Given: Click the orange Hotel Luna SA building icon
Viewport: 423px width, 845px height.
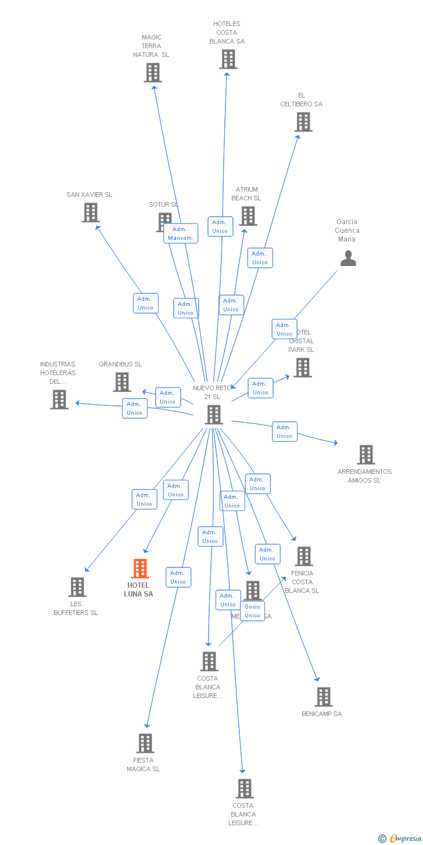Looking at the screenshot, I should [140, 569].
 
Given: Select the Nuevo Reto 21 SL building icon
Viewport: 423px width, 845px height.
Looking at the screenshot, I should [214, 415].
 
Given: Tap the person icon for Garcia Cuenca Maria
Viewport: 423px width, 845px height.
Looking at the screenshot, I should [348, 258].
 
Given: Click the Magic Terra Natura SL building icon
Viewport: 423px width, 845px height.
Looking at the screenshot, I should [153, 73].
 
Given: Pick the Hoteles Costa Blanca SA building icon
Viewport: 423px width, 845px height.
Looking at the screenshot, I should [228, 59].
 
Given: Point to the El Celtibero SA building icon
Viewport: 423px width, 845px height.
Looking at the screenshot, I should [303, 122].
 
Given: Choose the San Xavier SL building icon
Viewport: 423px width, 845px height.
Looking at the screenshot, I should [91, 213].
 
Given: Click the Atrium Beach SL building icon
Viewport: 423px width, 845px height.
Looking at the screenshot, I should [248, 216].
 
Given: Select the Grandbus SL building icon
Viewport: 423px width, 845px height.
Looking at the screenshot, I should [122, 382].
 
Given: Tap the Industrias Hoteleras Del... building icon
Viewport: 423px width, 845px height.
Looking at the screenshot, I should [59, 400].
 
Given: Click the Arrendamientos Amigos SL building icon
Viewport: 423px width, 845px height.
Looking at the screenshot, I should [366, 455].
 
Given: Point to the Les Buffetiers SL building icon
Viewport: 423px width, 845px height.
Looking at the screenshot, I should [77, 587].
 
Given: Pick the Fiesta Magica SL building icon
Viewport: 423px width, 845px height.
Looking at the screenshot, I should [145, 743].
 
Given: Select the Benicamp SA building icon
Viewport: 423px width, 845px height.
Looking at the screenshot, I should [324, 697].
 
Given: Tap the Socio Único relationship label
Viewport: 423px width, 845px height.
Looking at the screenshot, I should [252, 611].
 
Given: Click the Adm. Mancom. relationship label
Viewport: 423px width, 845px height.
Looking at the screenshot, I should [181, 233].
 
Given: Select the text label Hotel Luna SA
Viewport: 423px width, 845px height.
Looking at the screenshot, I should [138, 589].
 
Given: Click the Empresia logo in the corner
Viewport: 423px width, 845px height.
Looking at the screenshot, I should [400, 838].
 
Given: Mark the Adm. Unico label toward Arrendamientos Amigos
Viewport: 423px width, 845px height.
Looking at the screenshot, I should [285, 432].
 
